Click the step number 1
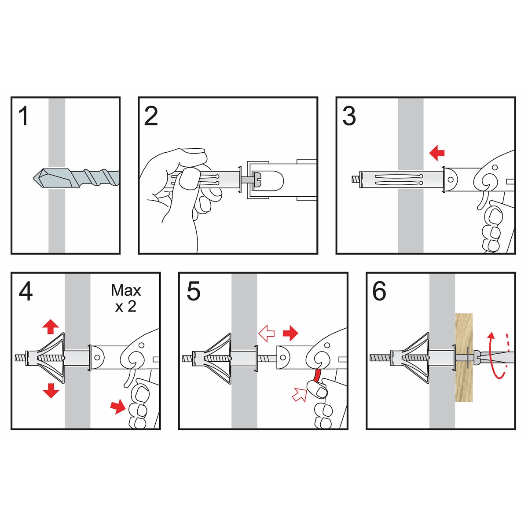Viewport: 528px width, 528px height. point(24,116)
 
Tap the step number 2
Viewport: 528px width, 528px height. point(151,116)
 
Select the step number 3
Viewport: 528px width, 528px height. point(349,116)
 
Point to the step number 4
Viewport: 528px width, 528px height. point(26,292)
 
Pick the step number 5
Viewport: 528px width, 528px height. point(194,292)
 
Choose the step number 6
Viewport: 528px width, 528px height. point(379,292)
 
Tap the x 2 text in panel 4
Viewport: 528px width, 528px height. point(126,306)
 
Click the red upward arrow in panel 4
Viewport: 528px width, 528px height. point(51,326)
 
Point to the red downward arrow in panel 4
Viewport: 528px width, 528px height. point(51,390)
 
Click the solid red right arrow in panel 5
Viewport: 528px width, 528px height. point(290,333)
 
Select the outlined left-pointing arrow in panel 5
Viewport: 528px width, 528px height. point(267,334)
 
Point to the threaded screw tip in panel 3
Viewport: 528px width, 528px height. point(356,180)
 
